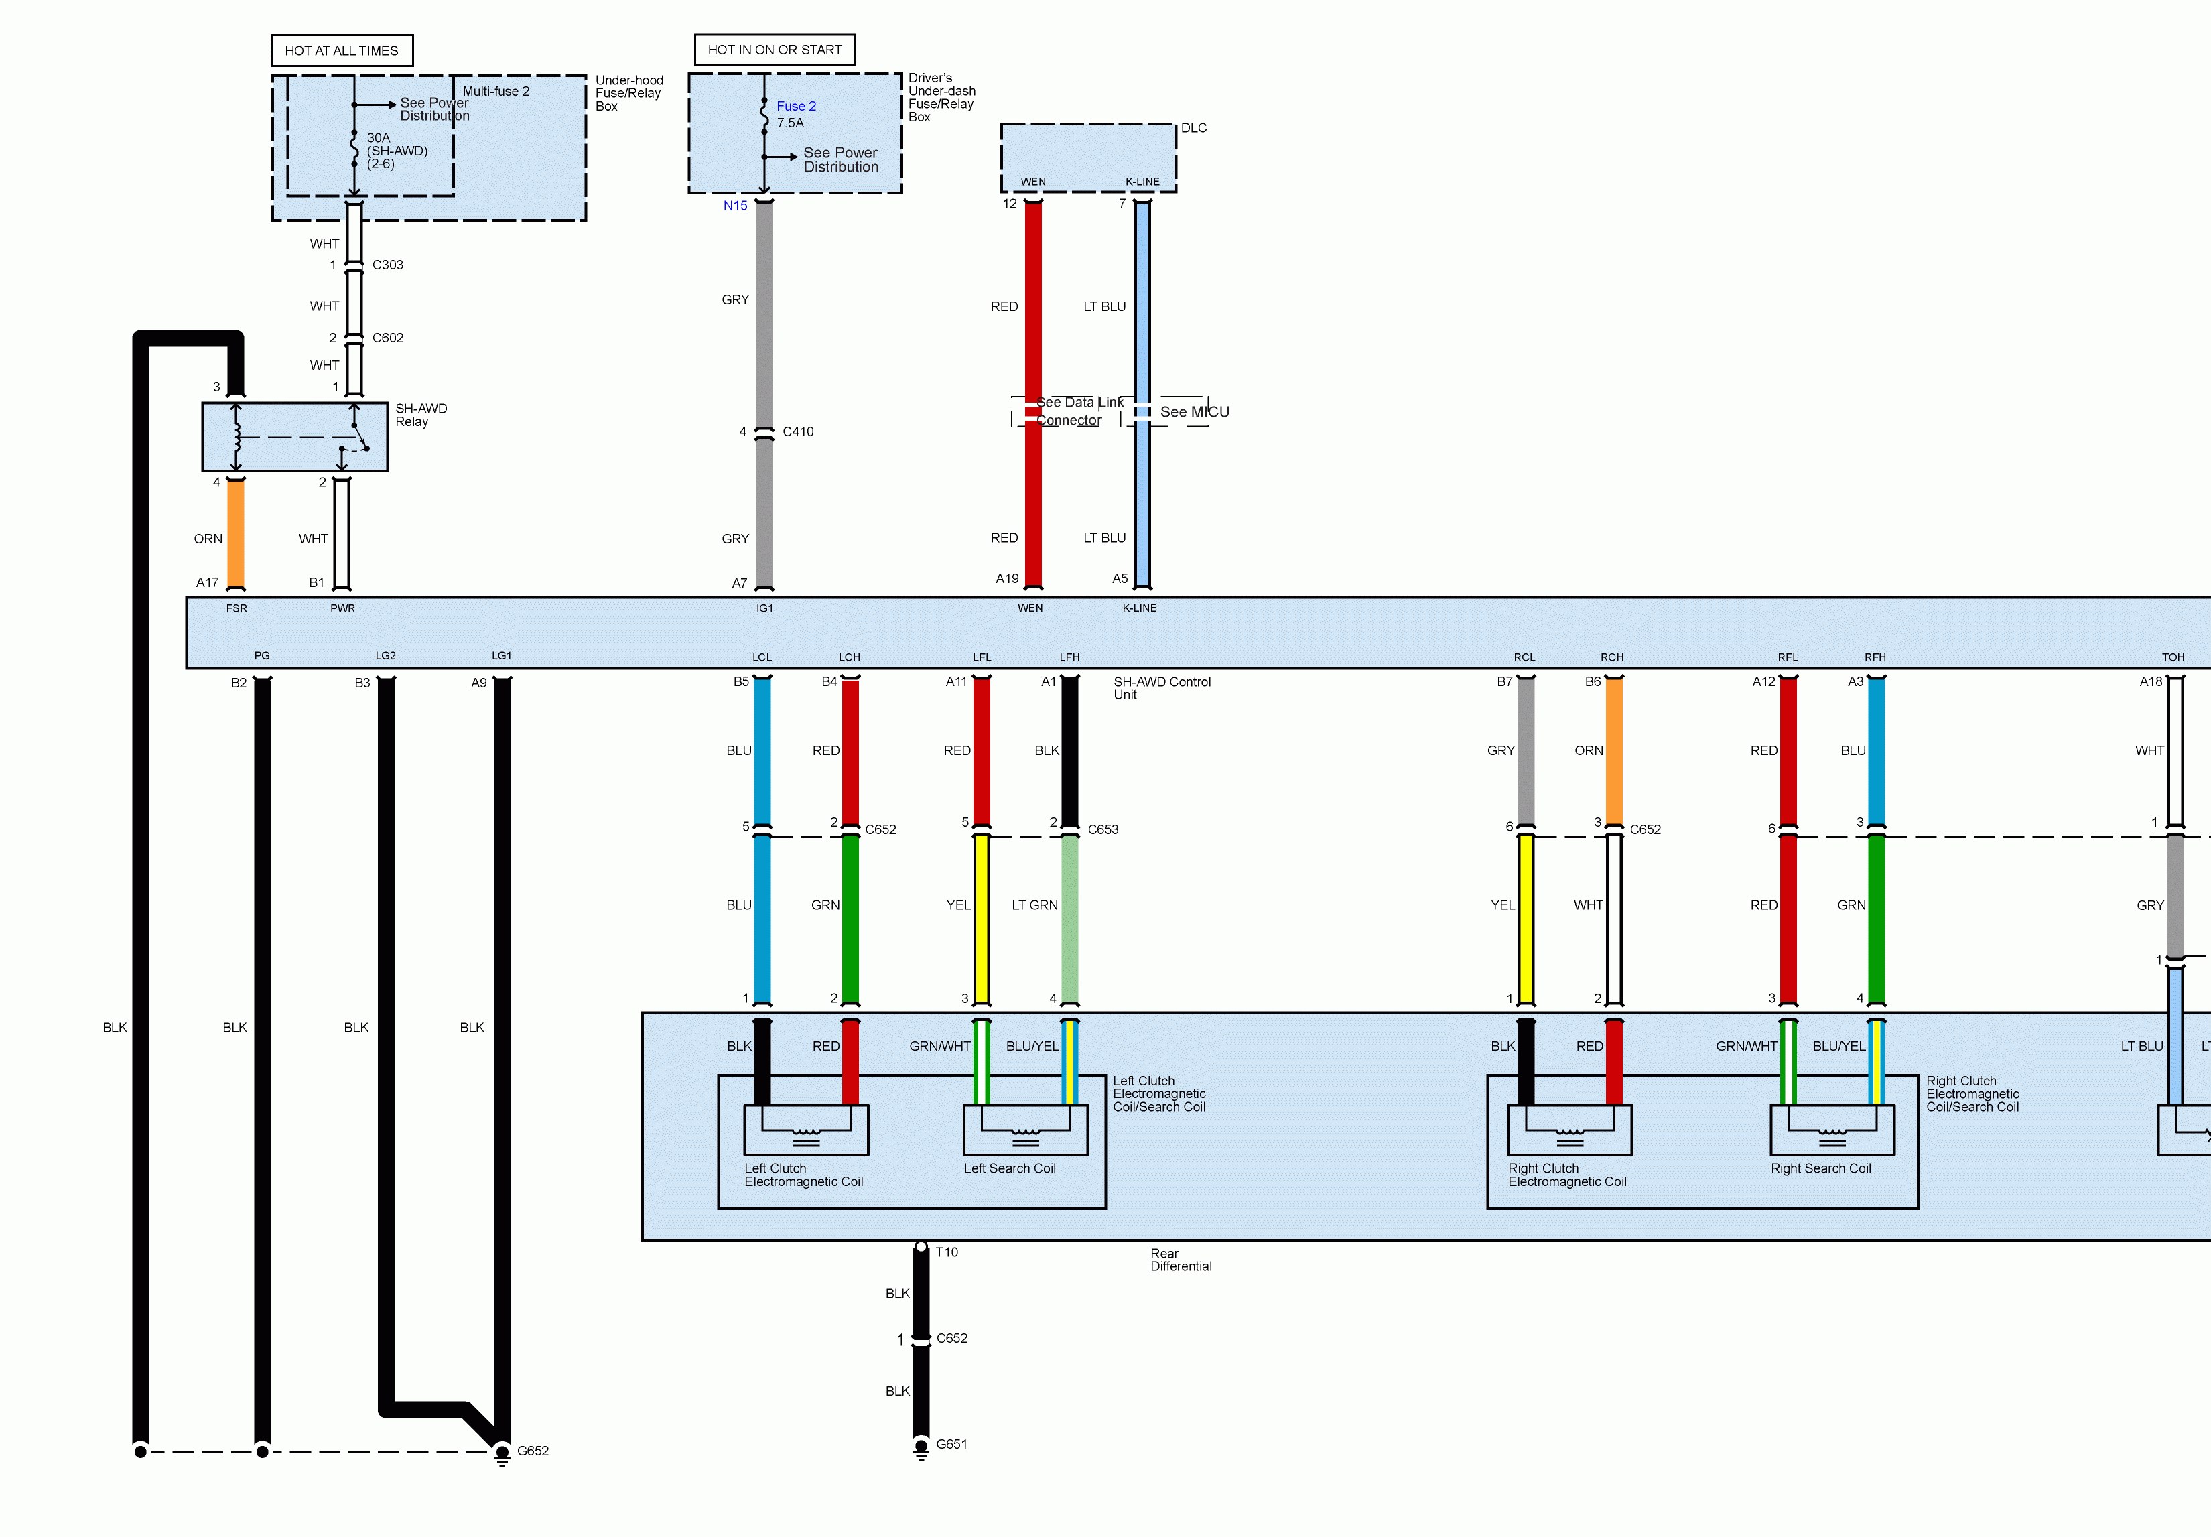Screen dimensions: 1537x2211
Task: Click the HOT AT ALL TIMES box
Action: (x=342, y=51)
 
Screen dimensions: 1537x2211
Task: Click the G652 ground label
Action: (x=533, y=1451)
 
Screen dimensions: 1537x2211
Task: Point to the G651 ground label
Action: (x=951, y=1444)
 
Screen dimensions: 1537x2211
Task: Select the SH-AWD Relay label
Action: (x=421, y=415)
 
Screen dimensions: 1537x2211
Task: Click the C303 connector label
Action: (x=387, y=265)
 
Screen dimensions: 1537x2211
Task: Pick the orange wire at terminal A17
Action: (x=236, y=535)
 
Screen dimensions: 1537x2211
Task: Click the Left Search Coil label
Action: (x=1009, y=1168)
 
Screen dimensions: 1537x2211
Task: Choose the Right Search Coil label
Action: (x=1820, y=1168)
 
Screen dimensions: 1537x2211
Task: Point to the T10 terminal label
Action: (x=947, y=1252)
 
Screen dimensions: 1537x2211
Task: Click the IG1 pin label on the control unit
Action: (x=764, y=608)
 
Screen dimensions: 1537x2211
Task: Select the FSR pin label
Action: (x=237, y=608)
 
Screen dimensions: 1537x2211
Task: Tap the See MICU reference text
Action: (x=1194, y=412)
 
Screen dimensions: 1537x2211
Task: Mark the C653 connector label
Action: (x=1103, y=829)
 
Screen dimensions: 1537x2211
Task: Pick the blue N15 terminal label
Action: (x=735, y=205)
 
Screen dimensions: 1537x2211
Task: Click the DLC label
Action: (x=1193, y=128)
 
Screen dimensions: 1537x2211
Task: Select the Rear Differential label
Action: (x=1181, y=1260)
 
